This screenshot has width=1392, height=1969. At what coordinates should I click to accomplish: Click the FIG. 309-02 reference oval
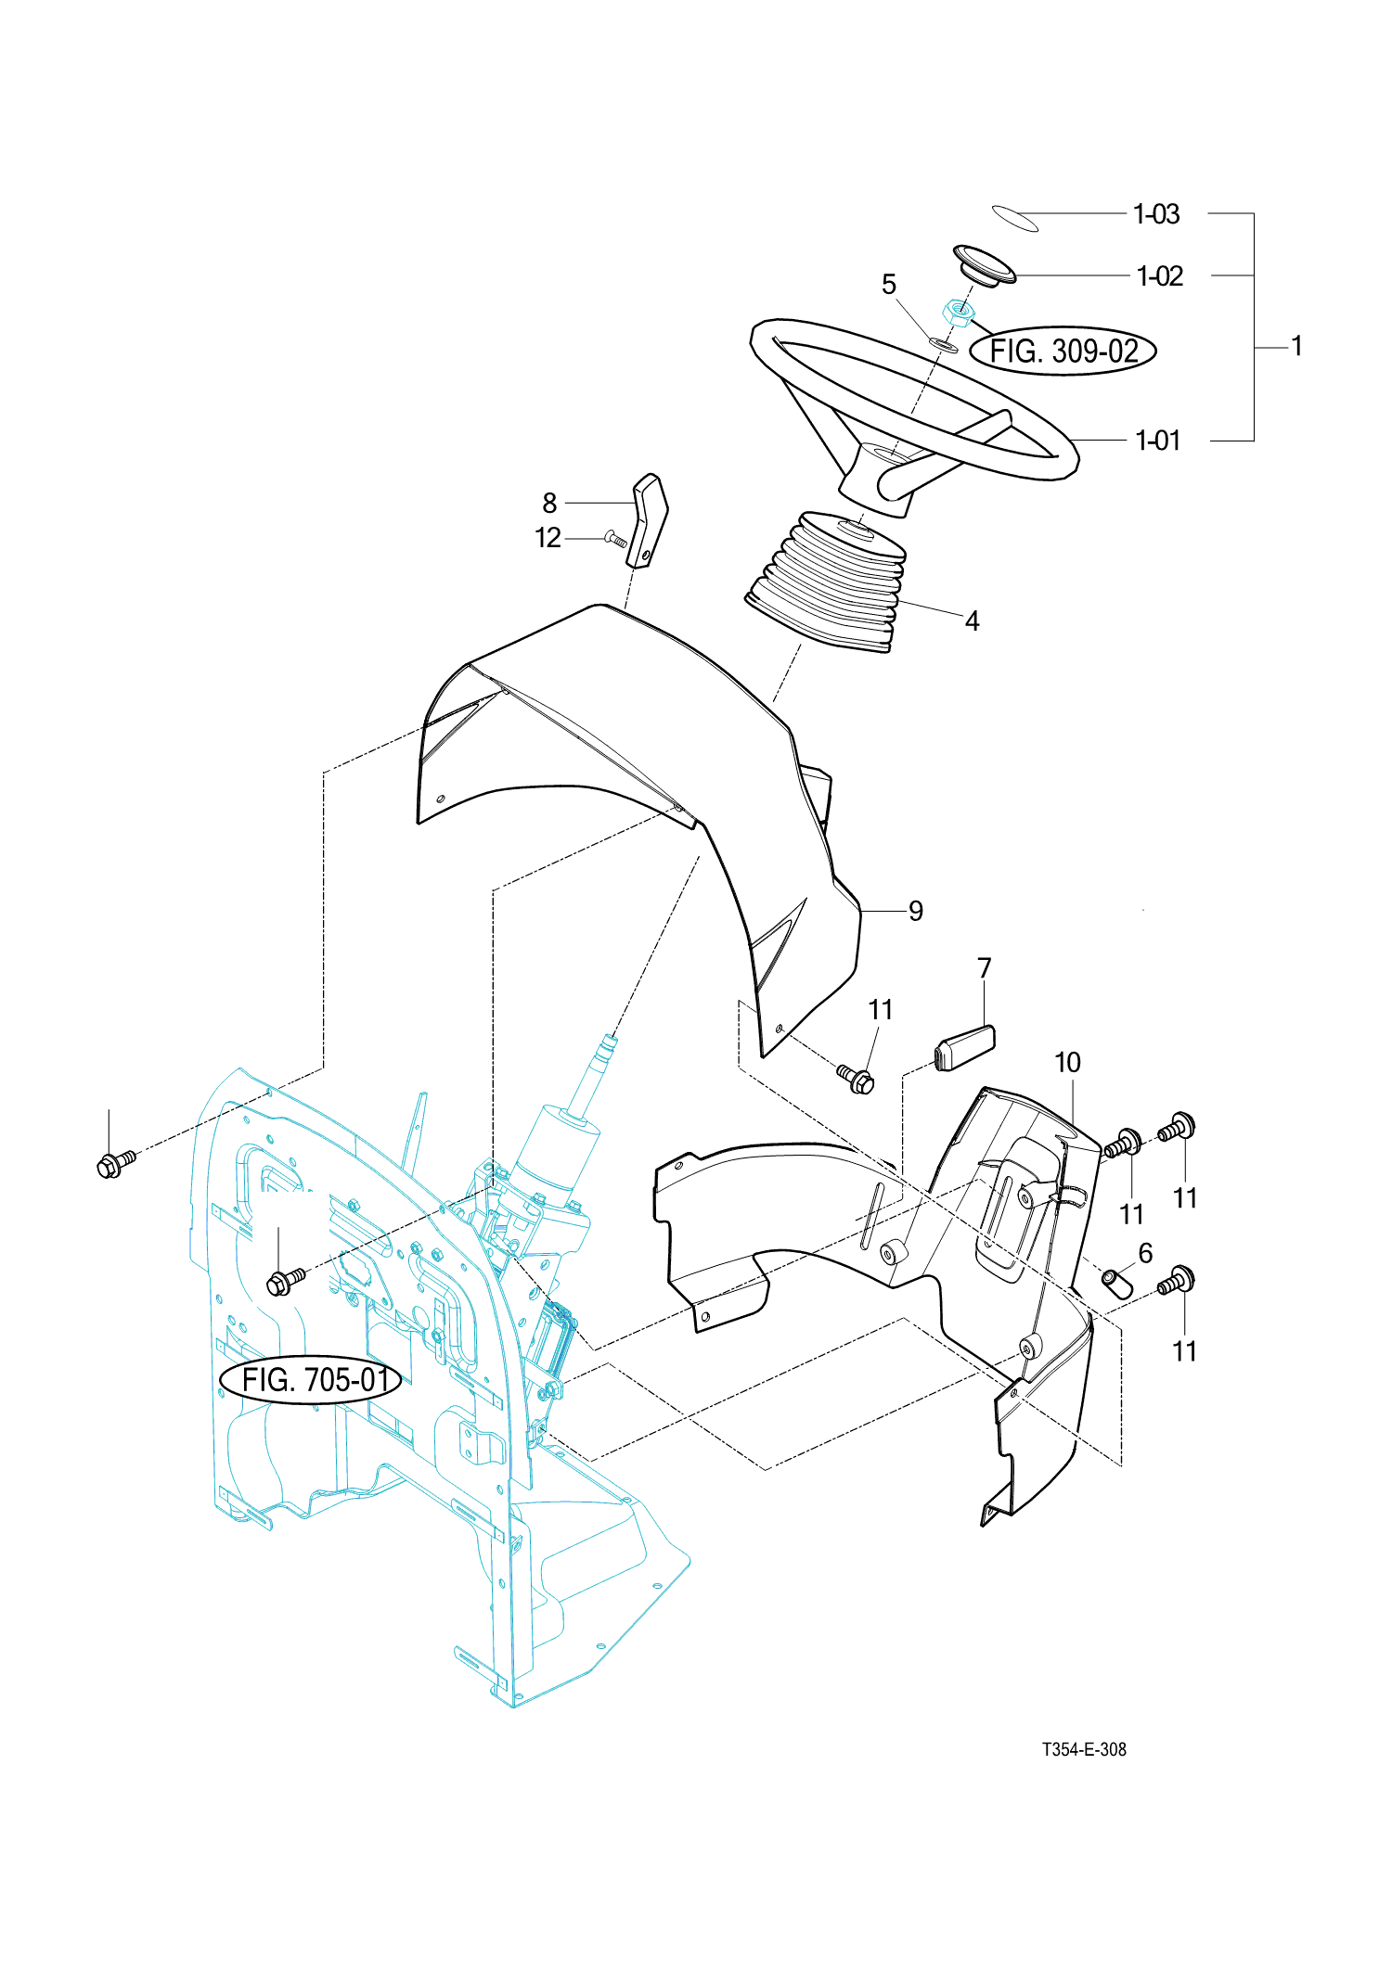pos(1063,351)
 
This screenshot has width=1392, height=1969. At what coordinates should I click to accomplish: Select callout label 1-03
pos(1156,214)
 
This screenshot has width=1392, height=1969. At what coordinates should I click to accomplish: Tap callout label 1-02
pos(1159,276)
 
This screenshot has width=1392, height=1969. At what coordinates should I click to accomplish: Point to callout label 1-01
pos(1158,441)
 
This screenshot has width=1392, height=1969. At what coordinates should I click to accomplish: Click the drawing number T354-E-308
pos(1084,1749)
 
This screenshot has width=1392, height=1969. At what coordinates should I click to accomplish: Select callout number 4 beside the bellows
pos(972,620)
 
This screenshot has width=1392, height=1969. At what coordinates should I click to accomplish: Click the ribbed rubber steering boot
pos(826,582)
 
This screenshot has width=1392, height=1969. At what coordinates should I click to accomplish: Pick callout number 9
pos(916,911)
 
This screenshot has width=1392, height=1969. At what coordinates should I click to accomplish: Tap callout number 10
pos(1067,1063)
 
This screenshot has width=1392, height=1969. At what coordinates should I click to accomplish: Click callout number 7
pos(985,968)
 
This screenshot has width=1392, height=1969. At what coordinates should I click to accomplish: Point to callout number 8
pos(549,503)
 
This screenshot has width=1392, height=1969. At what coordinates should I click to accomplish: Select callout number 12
pos(548,538)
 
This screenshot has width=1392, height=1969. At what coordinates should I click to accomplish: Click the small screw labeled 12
pos(615,538)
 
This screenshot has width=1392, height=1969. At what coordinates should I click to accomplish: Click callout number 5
pos(889,285)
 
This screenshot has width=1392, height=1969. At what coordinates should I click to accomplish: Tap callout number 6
pos(1145,1254)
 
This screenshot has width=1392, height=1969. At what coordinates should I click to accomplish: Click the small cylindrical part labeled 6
pos(1117,1285)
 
